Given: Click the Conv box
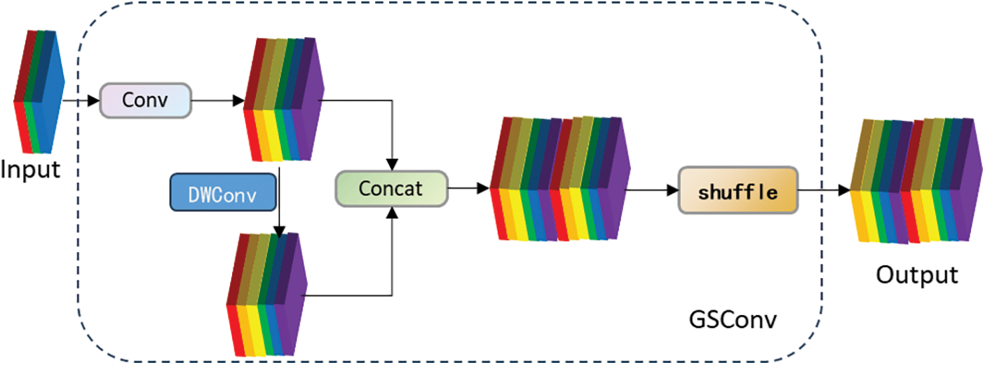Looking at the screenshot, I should coord(146,100).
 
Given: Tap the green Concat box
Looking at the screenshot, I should coord(391,188).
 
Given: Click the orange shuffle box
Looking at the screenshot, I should coord(738,190).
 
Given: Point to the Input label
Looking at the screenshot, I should coord(30,169).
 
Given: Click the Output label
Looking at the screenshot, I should coord(916,274).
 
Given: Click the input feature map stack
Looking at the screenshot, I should coord(39,91).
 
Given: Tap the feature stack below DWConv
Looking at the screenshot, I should coord(266,293).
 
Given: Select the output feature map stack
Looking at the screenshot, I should coord(911,181).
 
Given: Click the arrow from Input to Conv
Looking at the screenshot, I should coord(81,100).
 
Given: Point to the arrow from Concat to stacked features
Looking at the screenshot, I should coord(468,188).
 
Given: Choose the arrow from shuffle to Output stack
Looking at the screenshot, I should coord(824,190).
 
